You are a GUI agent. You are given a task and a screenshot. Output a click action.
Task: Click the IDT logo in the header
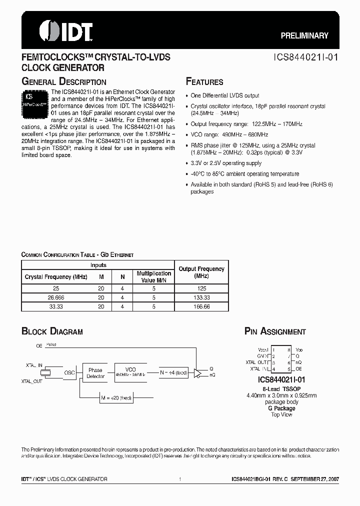click(x=65, y=31)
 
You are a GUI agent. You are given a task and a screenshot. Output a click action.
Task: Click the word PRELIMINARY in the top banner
click(x=303, y=35)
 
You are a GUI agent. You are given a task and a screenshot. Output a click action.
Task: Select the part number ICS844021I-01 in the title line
click(x=307, y=57)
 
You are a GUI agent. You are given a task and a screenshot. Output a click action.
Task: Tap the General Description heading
click(x=63, y=82)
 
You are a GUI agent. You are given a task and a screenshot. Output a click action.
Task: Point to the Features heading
click(x=204, y=82)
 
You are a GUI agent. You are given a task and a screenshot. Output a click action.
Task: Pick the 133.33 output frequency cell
click(x=201, y=296)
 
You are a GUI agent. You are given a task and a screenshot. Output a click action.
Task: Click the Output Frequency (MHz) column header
click(x=201, y=272)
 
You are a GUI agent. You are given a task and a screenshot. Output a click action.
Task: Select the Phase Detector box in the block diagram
click(x=95, y=373)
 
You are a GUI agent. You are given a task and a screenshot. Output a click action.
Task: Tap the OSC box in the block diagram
click(x=69, y=373)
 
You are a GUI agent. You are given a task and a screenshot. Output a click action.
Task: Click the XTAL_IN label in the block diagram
click(x=34, y=366)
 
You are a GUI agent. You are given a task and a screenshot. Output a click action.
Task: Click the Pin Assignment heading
click(x=275, y=331)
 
